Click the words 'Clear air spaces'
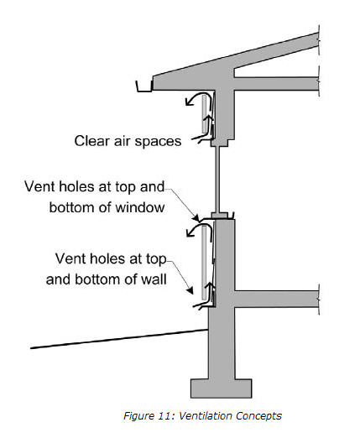(128, 141)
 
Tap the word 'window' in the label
(140, 207)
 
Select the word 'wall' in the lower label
(154, 279)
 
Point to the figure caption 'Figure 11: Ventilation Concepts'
(202, 415)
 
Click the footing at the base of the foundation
(222, 388)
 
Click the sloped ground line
(119, 339)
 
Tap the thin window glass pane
(217, 180)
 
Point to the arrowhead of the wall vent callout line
(190, 290)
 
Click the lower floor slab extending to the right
(277, 300)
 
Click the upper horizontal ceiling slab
(276, 84)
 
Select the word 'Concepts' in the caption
(258, 416)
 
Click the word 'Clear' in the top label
(92, 141)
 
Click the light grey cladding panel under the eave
(204, 113)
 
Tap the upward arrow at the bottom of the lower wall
(211, 291)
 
